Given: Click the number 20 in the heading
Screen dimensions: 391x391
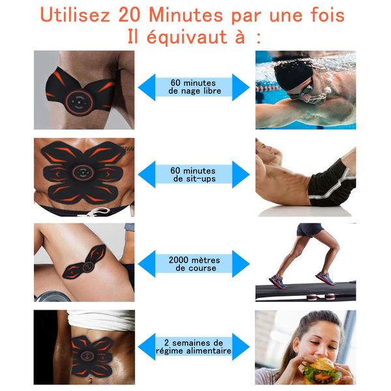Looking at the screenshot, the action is (129, 15).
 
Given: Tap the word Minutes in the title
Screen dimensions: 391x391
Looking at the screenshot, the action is (186, 15).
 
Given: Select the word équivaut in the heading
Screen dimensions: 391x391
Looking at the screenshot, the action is (187, 37).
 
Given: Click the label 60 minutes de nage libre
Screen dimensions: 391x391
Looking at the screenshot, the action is (194, 87).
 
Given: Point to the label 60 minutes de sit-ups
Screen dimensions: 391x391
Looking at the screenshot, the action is (194, 175).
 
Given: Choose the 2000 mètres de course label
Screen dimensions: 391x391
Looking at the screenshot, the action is (194, 264).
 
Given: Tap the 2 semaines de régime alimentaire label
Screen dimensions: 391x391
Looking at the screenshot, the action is (194, 347).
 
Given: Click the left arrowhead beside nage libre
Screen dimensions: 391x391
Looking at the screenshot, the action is (147, 87).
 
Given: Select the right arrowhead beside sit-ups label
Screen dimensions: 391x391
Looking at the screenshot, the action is (240, 175).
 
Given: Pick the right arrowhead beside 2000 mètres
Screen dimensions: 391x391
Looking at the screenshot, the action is (240, 264).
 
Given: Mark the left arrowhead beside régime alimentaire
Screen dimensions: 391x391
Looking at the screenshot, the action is (147, 347).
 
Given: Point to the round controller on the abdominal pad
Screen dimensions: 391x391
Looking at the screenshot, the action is (83, 172).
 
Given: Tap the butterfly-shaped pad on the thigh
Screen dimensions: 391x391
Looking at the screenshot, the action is (84, 262).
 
